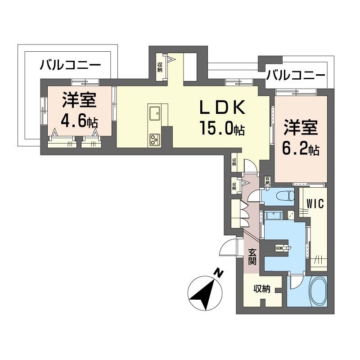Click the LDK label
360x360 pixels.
coord(222,108)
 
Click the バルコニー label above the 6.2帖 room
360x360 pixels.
coord(295,74)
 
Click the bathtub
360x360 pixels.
coord(314,291)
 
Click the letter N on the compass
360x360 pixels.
coord(218,273)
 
